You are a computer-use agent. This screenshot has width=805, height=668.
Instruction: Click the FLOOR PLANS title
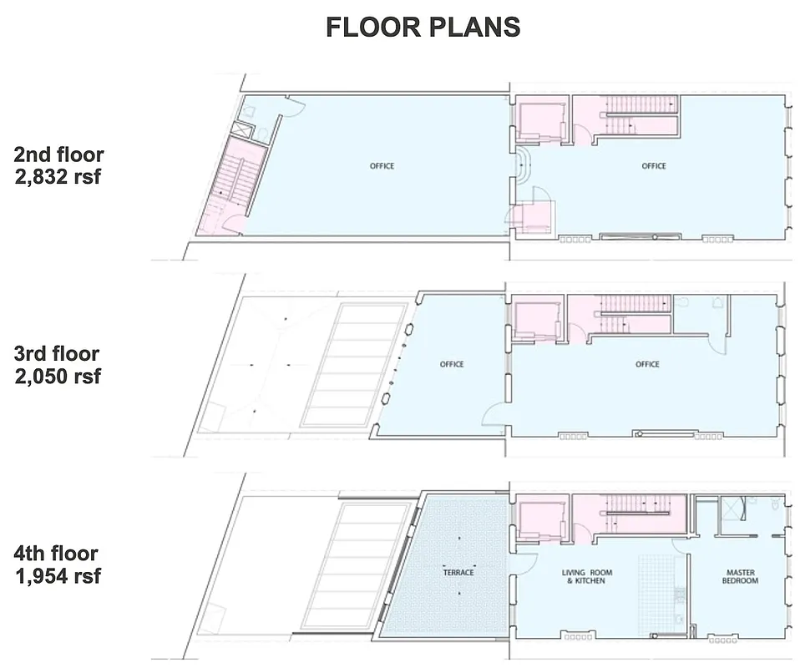[x=423, y=27]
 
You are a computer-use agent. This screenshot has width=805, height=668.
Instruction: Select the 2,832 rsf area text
[x=58, y=177]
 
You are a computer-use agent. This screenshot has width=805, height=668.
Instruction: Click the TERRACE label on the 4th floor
[x=458, y=572]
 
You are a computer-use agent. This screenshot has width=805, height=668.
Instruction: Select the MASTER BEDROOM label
[x=740, y=576]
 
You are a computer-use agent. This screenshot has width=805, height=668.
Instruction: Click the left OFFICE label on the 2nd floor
[x=382, y=166]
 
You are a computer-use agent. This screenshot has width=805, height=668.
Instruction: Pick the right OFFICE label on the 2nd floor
[x=654, y=166]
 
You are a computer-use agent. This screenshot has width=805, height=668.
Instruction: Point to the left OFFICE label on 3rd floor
[x=451, y=364]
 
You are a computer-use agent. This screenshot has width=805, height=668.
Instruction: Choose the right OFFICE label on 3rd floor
[x=647, y=364]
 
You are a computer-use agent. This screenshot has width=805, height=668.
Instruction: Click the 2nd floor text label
[x=58, y=155]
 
